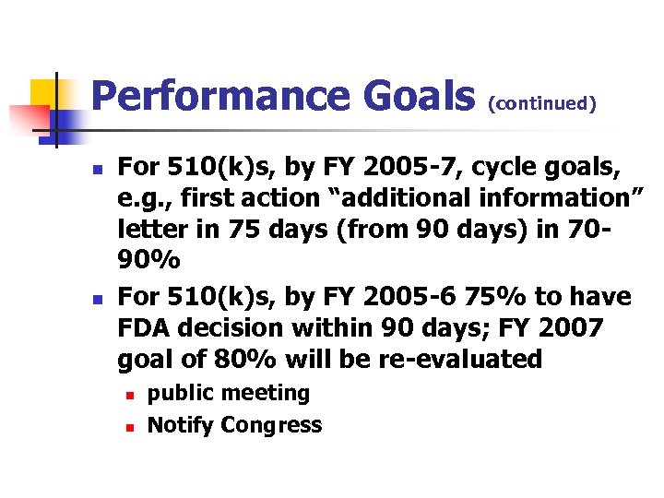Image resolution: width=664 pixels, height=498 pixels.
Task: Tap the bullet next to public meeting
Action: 132,395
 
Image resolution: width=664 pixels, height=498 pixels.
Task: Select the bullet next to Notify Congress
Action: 132,427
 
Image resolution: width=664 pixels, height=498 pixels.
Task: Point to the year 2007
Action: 571,327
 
